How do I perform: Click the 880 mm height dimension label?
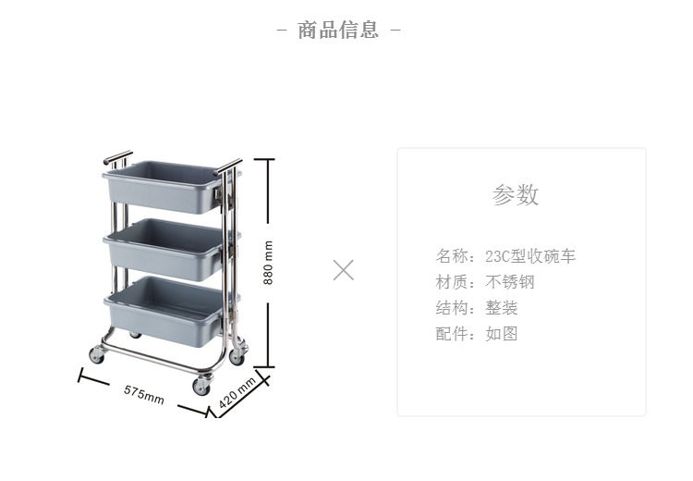[269, 263]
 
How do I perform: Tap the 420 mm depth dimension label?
[237, 393]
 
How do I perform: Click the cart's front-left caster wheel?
[97, 355]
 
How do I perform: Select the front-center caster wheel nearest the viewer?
[201, 387]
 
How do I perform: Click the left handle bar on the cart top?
[117, 158]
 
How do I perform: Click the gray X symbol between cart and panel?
[344, 270]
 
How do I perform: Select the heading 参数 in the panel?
[516, 195]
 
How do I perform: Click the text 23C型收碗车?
[530, 256]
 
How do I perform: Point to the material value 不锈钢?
[510, 282]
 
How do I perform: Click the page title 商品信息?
[338, 31]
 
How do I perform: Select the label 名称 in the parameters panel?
[452, 256]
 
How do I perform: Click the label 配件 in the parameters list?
[452, 334]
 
